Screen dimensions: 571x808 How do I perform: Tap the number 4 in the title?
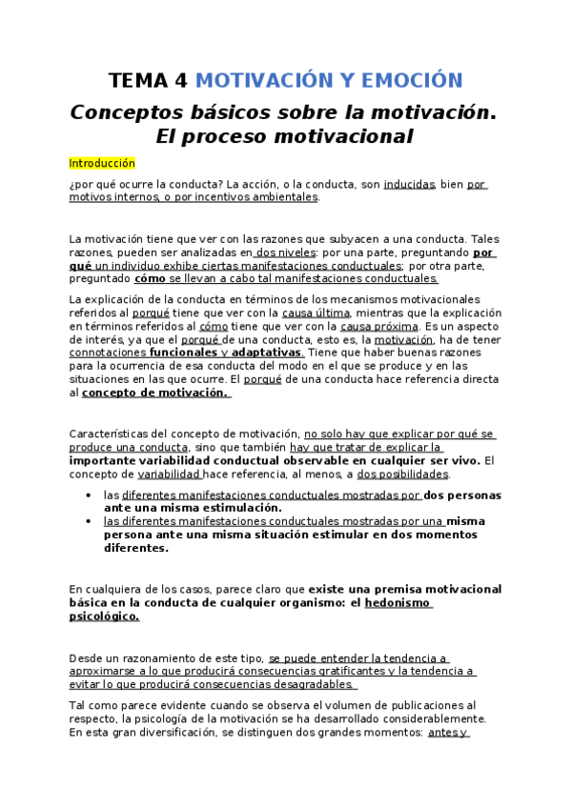(181, 80)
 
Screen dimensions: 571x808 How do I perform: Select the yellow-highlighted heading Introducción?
(102, 163)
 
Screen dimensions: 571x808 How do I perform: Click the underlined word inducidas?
(409, 185)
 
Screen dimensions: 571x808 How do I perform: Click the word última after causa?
(333, 313)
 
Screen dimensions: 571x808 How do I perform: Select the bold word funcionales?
(184, 353)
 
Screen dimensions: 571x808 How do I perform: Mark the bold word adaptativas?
(266, 353)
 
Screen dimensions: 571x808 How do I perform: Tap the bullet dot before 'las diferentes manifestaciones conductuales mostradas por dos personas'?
(88, 495)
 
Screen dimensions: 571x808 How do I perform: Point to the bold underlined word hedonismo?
(398, 603)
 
